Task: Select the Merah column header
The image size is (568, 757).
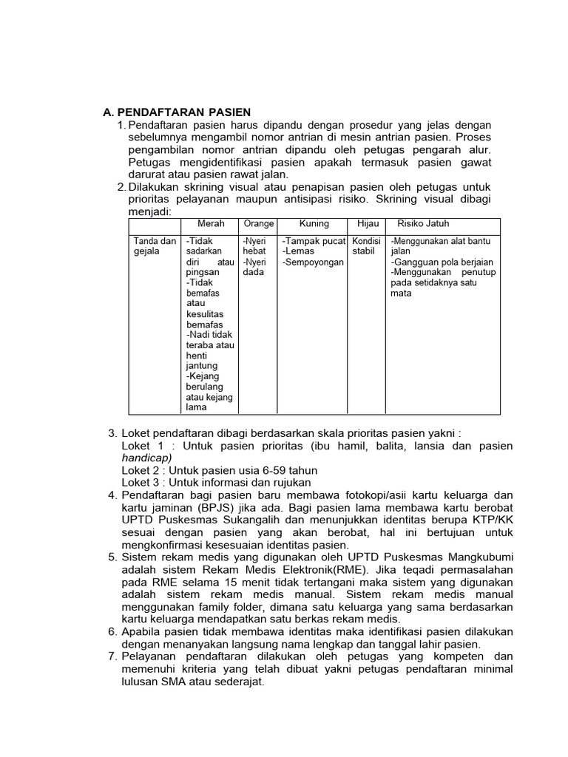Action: tap(211, 224)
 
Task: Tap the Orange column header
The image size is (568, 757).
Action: tap(258, 224)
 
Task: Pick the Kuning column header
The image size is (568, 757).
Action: tap(314, 224)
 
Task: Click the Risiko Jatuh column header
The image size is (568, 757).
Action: tap(423, 224)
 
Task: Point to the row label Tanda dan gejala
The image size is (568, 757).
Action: tap(155, 246)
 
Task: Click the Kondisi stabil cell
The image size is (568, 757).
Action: tap(366, 246)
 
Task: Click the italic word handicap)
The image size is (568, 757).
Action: tap(146, 458)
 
